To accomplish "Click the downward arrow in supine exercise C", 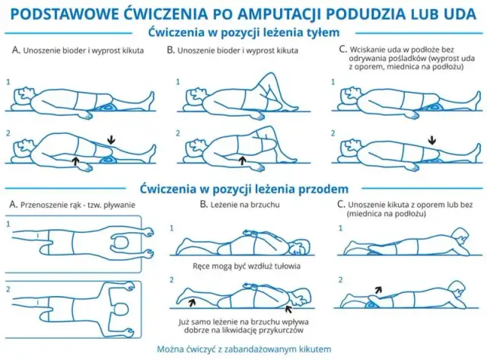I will click(x=432, y=139).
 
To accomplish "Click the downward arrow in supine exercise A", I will click(x=112, y=139).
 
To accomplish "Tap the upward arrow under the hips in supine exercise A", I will click(x=75, y=161).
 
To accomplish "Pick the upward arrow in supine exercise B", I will click(x=241, y=161).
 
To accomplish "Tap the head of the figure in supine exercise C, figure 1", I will click(x=351, y=94).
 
